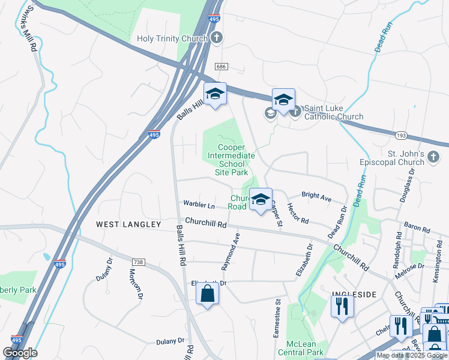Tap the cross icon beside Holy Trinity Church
point(217,38)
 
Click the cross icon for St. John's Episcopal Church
point(434,157)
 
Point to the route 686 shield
point(222,66)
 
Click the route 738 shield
point(138,262)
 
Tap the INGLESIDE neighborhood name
point(354,295)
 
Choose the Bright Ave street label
point(316,197)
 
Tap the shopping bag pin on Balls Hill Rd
point(207,293)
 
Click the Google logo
point(20,353)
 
